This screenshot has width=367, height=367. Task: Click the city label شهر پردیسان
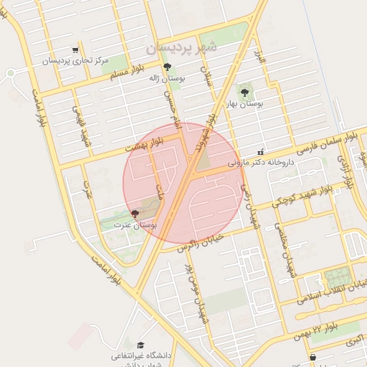pyautogui.click(x=180, y=47)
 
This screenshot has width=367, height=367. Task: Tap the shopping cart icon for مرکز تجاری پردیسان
pyautogui.click(x=75, y=50)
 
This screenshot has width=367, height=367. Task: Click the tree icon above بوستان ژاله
pyautogui.click(x=167, y=67)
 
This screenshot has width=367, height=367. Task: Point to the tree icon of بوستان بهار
pyautogui.click(x=244, y=92)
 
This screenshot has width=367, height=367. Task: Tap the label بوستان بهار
pyautogui.click(x=244, y=104)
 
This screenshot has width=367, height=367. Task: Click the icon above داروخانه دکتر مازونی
pyautogui.click(x=259, y=152)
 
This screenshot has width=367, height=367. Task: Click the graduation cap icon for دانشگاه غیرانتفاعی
pyautogui.click(x=140, y=345)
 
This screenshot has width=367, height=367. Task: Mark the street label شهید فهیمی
pyautogui.click(x=80, y=123)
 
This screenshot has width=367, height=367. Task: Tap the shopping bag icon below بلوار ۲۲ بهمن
pyautogui.click(x=313, y=357)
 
